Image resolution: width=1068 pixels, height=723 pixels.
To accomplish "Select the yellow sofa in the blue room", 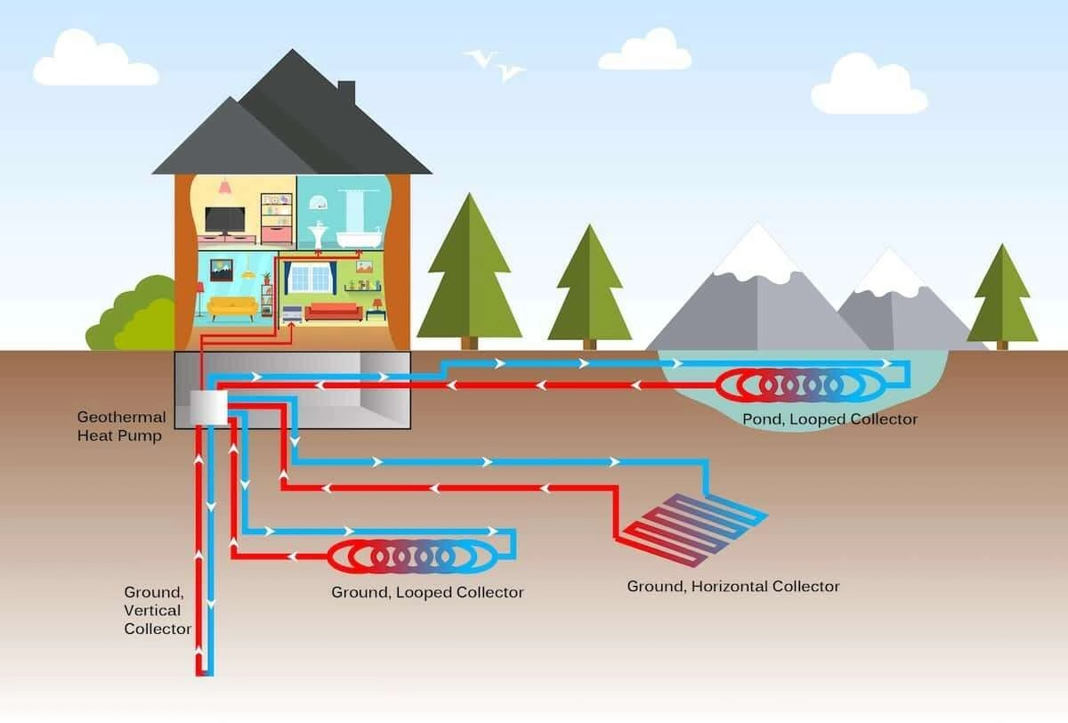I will click(x=232, y=307).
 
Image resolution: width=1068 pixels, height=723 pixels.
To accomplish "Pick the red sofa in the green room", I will click(x=334, y=311).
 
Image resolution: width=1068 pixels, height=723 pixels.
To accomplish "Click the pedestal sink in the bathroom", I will click(x=319, y=234).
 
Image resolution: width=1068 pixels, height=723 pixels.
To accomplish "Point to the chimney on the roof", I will click(x=346, y=92).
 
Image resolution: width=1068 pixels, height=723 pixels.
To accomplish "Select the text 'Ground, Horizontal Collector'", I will click(x=732, y=586).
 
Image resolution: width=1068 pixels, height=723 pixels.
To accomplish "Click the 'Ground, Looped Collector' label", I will click(x=427, y=592).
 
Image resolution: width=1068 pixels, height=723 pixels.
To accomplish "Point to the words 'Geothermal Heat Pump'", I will click(x=121, y=426).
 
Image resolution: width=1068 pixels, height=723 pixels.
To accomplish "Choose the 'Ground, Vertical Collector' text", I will click(x=156, y=610).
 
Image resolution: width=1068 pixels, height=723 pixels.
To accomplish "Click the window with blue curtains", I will click(x=311, y=277).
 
